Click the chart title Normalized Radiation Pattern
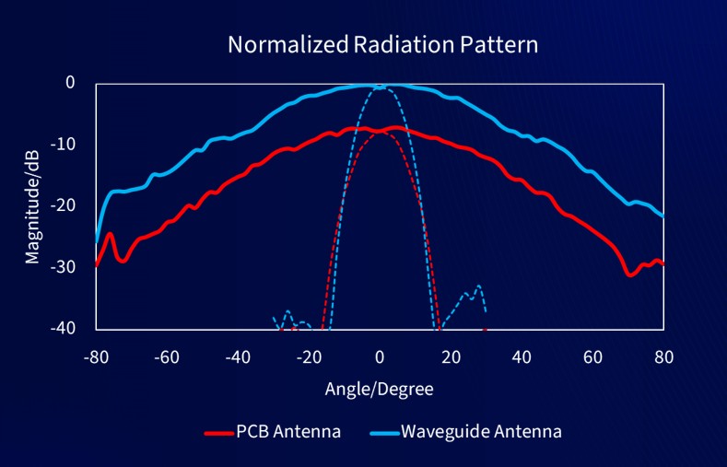(x=382, y=45)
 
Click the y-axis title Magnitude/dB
(x=33, y=205)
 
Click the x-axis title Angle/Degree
(x=379, y=388)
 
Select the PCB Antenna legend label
(x=288, y=430)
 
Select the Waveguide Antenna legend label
(x=481, y=430)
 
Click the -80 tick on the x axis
(x=96, y=356)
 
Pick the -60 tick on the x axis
(x=167, y=356)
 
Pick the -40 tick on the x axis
(x=238, y=356)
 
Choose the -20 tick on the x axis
(x=309, y=356)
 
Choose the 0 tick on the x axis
(x=380, y=356)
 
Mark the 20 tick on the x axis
(x=451, y=356)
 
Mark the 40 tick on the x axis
(x=522, y=356)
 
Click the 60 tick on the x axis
(x=592, y=356)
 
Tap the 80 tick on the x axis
(x=663, y=356)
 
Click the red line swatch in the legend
(x=217, y=431)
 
